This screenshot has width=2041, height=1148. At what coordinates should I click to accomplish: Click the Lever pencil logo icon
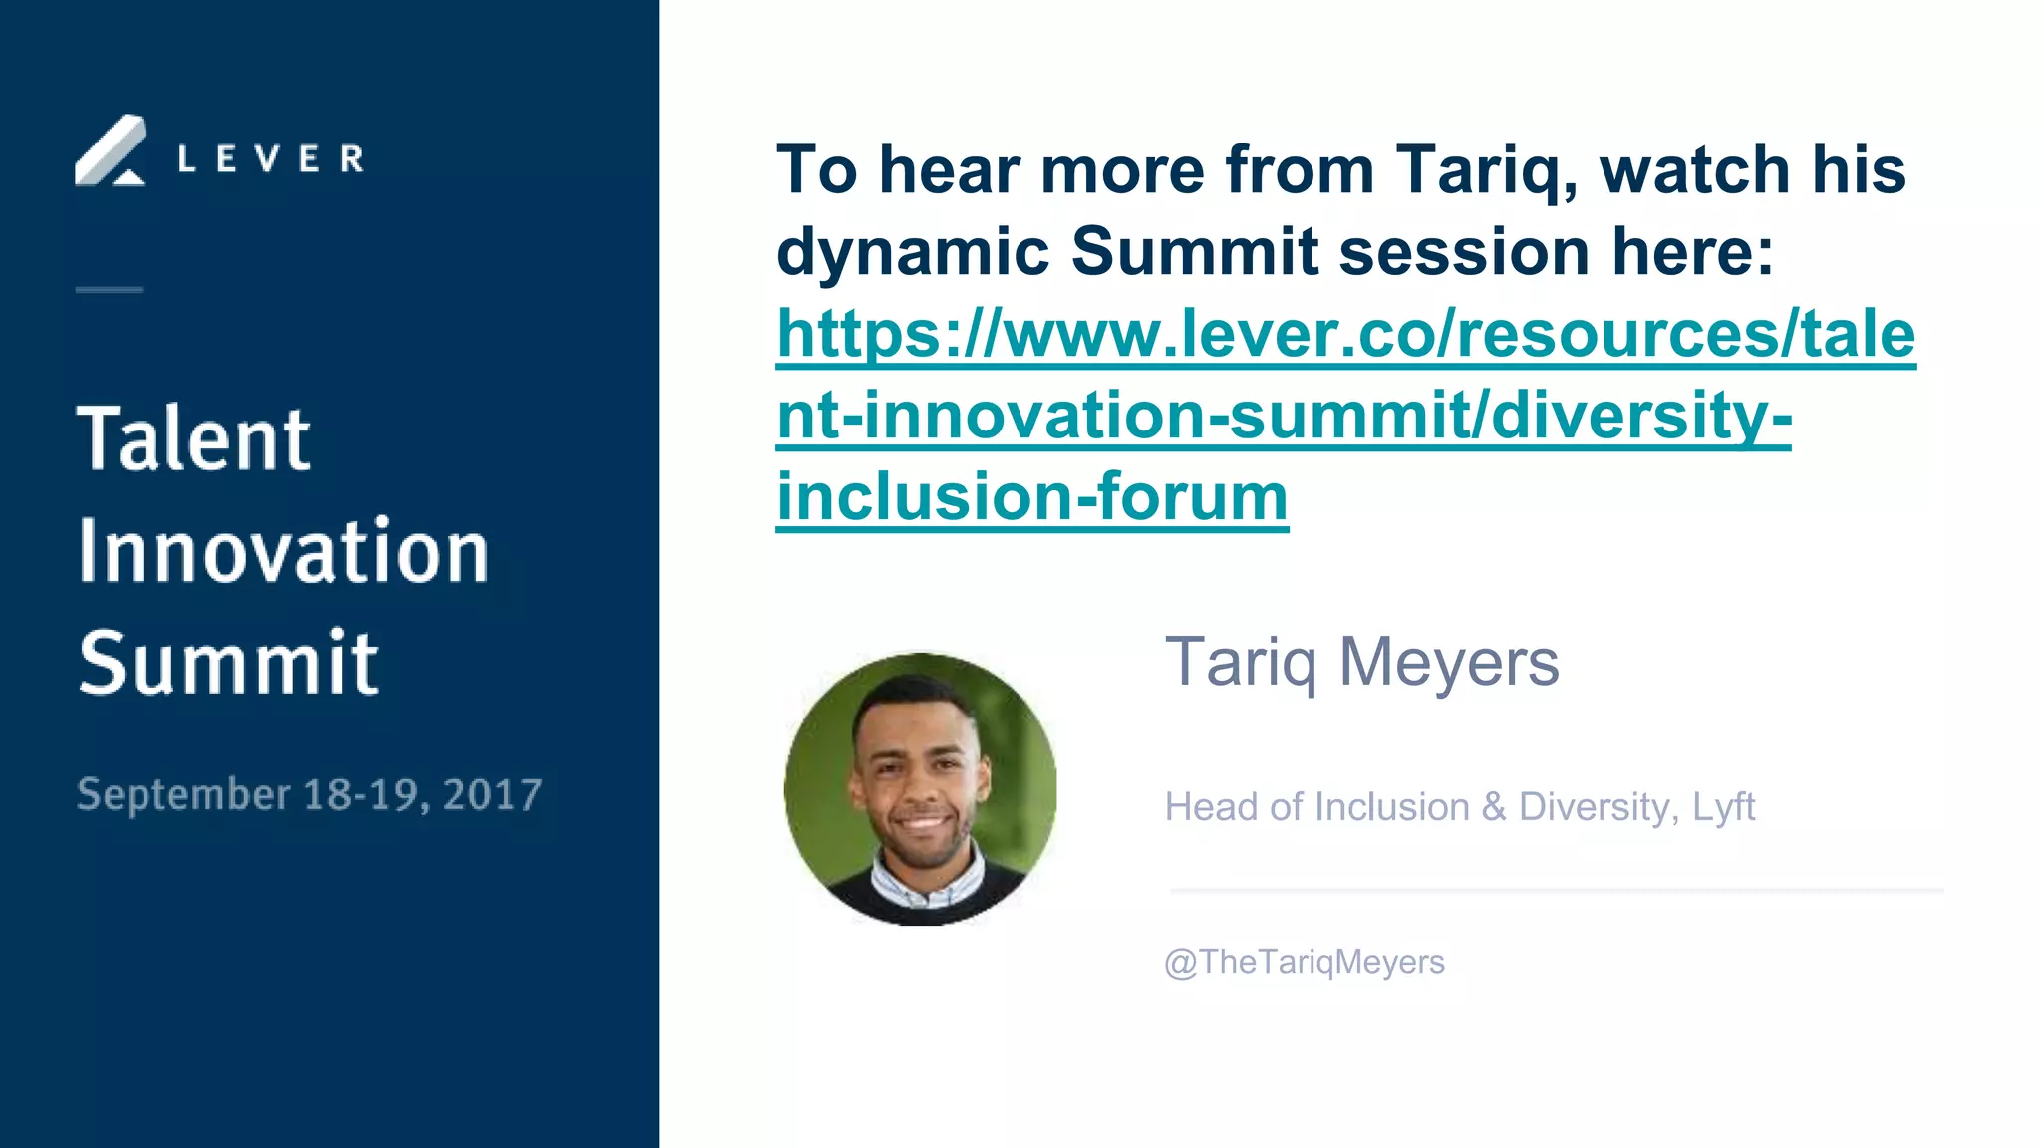[x=110, y=151]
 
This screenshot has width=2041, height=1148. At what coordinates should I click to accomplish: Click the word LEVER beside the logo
[x=270, y=159]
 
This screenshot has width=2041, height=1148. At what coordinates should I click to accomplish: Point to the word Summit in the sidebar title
[x=228, y=663]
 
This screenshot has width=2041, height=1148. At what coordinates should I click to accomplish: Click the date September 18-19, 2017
[x=309, y=795]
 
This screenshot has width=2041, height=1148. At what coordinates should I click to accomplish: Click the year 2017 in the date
[x=492, y=795]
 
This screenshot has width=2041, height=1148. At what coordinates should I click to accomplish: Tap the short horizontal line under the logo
[x=109, y=290]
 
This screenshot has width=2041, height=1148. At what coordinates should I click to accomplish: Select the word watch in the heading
[x=1694, y=170]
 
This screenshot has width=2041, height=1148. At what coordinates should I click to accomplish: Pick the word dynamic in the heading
[x=912, y=252]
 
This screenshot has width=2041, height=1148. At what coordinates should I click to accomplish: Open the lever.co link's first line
[x=1345, y=334]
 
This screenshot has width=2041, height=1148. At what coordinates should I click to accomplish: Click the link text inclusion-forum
[x=1032, y=497]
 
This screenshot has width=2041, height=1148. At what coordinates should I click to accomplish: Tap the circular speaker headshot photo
[x=920, y=789]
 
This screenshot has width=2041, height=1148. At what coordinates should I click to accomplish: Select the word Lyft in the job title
[x=1723, y=807]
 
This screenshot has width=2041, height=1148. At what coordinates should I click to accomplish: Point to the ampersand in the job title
[x=1493, y=807]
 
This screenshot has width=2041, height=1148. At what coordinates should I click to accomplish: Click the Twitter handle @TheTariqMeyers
[x=1304, y=962]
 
